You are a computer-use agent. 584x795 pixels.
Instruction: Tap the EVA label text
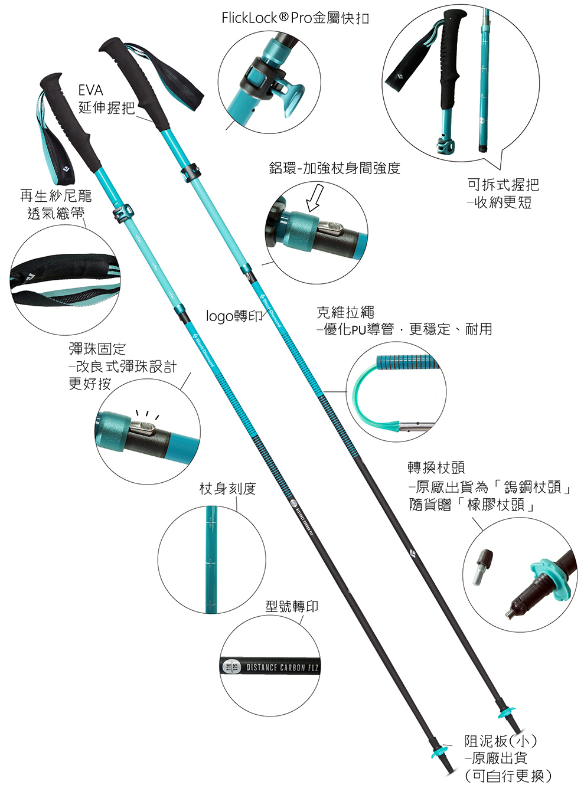point(90,90)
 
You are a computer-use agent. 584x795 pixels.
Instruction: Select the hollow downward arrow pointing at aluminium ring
point(314,197)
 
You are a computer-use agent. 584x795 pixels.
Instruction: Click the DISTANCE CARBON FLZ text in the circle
point(282,668)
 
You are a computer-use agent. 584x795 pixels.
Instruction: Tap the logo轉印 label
point(234,316)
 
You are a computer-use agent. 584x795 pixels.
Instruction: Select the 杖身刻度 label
point(227,488)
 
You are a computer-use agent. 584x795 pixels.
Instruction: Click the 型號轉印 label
point(292,606)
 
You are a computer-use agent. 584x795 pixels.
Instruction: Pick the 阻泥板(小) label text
point(500,741)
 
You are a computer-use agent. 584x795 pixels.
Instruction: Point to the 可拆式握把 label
point(503,185)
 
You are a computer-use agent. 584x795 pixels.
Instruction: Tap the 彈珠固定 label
point(97,349)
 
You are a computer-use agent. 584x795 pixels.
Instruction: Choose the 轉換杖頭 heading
point(436,467)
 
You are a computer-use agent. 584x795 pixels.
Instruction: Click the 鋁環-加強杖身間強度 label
point(334,168)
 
